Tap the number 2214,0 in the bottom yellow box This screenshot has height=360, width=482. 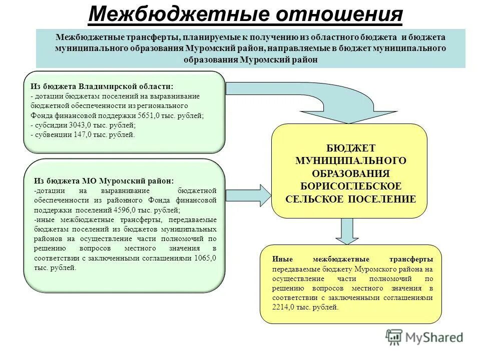(284, 307)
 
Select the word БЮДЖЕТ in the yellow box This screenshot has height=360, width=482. (351, 148)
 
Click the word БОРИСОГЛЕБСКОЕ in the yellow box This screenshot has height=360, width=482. (351, 186)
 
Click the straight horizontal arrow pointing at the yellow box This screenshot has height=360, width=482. (248, 194)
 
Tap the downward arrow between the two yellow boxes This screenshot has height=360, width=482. (348, 231)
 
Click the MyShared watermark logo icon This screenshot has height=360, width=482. (394, 337)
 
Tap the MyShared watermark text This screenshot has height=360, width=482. (434, 337)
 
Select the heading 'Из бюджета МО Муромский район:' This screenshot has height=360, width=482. (104, 180)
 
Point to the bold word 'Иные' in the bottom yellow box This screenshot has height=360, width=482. (282, 259)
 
